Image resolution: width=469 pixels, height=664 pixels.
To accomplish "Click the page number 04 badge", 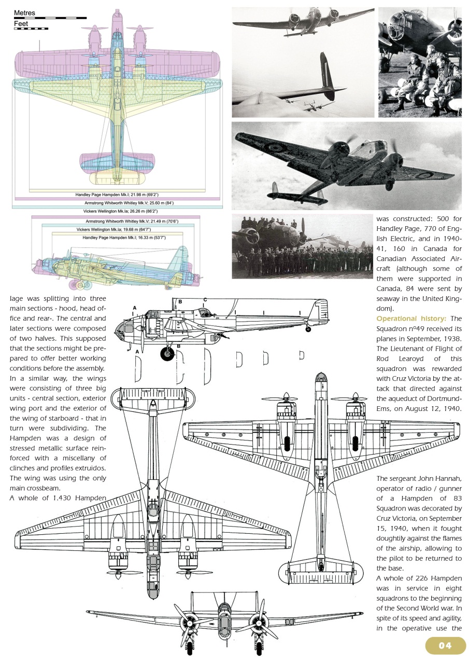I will [445, 645].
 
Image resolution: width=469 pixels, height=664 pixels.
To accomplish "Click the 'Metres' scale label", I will [24, 12].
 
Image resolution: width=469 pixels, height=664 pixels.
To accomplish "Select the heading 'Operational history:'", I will [411, 319].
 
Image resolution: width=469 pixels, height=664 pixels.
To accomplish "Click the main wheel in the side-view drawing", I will [167, 354].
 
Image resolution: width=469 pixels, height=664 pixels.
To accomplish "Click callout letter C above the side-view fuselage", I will [205, 300].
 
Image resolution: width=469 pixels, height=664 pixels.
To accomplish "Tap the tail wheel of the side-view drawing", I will [308, 329].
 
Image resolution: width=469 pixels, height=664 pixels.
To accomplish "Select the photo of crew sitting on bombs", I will [419, 62].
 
